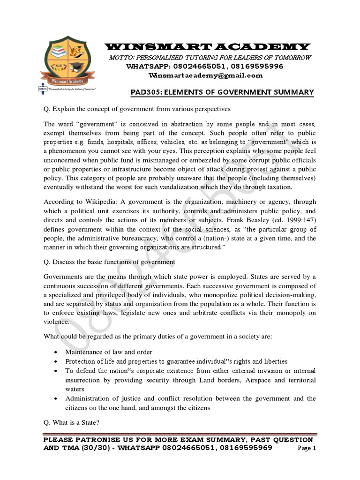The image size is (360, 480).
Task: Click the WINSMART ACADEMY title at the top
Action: pyautogui.click(x=207, y=46)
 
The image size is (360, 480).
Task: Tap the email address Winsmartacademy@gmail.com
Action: pyautogui.click(x=205, y=75)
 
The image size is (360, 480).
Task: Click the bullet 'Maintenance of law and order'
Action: pyautogui.click(x=108, y=352)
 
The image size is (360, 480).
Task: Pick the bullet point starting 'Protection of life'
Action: pyautogui.click(x=176, y=361)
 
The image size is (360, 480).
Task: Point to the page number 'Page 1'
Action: pyautogui.click(x=307, y=448)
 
